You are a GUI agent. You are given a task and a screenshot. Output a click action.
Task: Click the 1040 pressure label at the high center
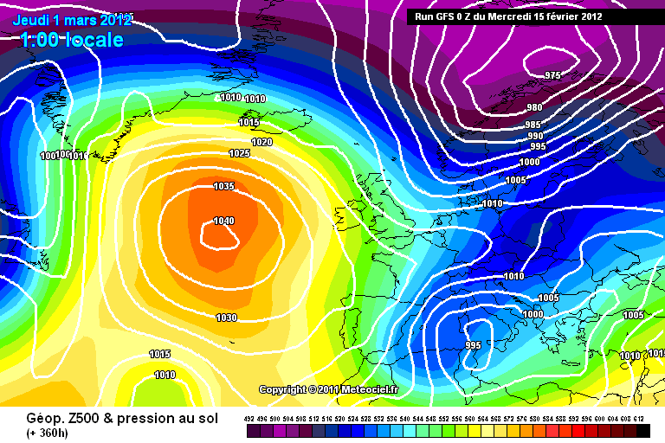[x=223, y=221]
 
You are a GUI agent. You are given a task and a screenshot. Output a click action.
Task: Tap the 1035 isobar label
[x=223, y=186]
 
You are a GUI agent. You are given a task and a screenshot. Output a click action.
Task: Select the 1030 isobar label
[x=226, y=318]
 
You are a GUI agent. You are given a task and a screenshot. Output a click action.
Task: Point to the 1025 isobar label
[x=239, y=153]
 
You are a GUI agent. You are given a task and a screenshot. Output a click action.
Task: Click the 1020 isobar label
[x=261, y=142]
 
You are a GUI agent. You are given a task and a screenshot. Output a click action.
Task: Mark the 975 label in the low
[x=553, y=75]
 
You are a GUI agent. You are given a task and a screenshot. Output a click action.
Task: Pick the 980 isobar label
[x=534, y=108]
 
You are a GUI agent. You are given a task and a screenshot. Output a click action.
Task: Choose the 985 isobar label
[x=533, y=125]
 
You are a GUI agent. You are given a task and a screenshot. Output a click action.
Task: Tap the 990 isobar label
[x=535, y=136]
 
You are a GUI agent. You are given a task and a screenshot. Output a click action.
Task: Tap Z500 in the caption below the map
[x=74, y=417]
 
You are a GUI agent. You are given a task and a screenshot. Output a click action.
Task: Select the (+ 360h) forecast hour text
[x=49, y=433]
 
